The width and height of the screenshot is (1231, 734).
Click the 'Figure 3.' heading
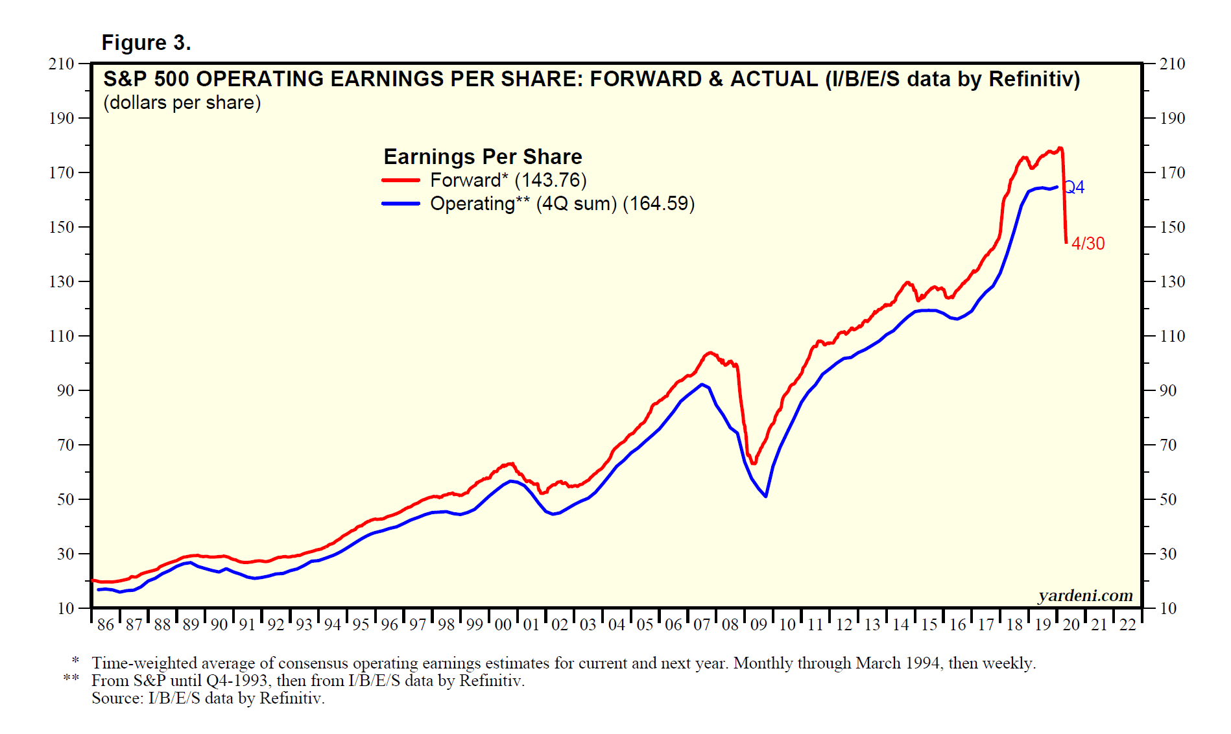pos(146,43)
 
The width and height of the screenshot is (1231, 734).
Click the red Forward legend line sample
pos(401,180)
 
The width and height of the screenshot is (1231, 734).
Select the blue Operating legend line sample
pos(401,204)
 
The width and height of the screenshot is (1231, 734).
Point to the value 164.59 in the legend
pos(658,204)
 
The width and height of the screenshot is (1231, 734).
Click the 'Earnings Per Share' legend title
pos(483,157)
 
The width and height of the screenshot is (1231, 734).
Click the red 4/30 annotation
pos(1088,244)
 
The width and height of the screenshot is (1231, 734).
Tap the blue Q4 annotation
pos(1075,187)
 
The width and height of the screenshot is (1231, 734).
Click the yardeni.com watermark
pos(1085,595)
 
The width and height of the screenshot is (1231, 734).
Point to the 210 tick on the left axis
pos(62,64)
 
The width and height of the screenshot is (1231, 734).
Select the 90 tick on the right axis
pos(1167,390)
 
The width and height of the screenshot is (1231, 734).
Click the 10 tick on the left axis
pos(66,608)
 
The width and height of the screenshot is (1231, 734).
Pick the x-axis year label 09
pos(758,625)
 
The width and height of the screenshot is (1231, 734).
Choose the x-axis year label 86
pos(105,625)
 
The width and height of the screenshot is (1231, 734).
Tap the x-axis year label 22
pos(1128,625)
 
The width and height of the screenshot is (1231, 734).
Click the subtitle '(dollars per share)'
pos(182,103)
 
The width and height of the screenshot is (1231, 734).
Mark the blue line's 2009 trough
pos(766,496)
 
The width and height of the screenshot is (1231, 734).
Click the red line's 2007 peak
pos(710,353)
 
